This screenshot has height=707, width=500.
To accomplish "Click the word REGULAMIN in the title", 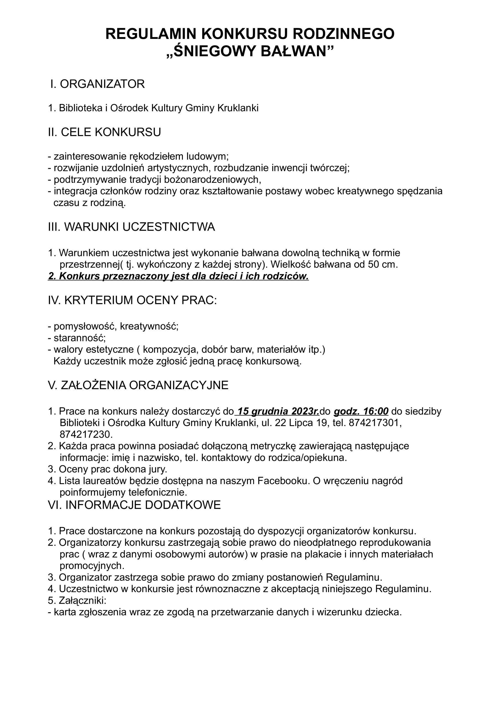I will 151,34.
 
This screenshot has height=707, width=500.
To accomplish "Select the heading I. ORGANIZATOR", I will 98,84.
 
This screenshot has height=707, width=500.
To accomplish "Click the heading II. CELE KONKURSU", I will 104,132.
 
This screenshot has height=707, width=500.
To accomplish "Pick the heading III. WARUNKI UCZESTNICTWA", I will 131,227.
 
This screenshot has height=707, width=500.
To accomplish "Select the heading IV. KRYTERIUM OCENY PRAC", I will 133,300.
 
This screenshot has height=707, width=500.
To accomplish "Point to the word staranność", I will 79,338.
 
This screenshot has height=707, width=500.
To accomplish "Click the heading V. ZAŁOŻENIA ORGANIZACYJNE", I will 138,385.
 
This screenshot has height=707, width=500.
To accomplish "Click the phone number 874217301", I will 375,423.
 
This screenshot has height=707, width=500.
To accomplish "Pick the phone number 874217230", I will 86,434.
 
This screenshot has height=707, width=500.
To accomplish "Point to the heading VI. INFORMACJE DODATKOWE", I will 134,505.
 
